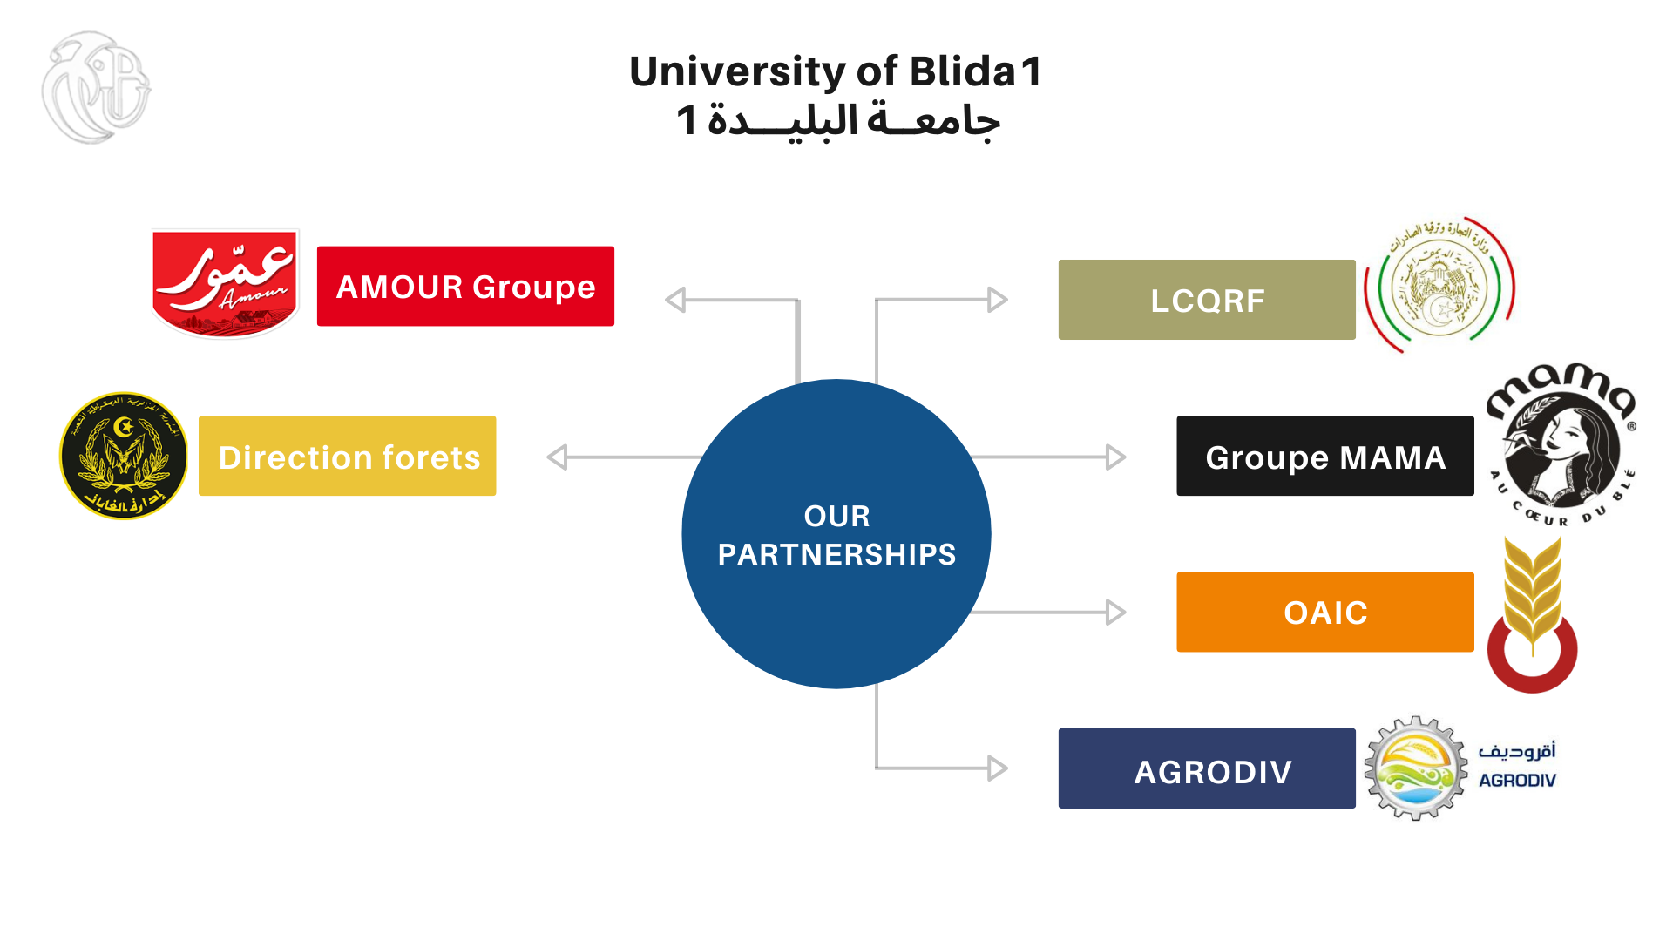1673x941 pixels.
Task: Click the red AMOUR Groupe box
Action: point(465,287)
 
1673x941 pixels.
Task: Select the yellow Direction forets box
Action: point(347,456)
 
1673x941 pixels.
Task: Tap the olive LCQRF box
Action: point(1207,300)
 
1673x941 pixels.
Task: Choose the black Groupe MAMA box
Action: point(1324,456)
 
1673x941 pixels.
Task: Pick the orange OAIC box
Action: point(1324,612)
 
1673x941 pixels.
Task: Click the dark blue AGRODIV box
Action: point(1207,768)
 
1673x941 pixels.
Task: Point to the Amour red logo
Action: point(226,283)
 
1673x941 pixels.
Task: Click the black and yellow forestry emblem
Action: point(124,456)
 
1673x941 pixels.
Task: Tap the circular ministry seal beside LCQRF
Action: point(1439,285)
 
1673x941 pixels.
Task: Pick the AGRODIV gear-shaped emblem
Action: point(1416,768)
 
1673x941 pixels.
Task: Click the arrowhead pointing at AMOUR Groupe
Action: point(675,300)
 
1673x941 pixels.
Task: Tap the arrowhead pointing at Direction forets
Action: point(558,457)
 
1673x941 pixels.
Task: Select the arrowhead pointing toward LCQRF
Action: point(998,300)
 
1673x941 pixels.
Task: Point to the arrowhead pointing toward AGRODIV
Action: point(998,768)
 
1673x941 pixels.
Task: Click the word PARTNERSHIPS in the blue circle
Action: point(836,554)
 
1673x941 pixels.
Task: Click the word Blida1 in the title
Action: point(976,71)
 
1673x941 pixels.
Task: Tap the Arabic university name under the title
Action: point(838,120)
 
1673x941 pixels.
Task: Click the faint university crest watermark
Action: point(96,87)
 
